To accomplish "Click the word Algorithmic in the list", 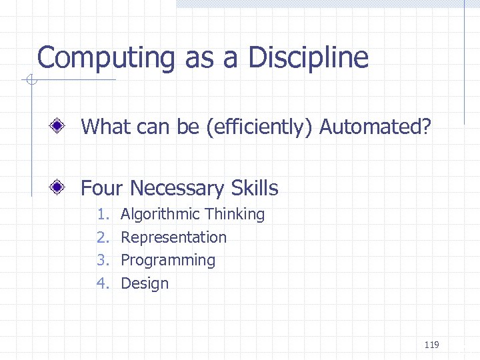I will coord(160,215).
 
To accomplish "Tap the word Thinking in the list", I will coord(235,215).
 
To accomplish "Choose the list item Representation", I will coord(173,237).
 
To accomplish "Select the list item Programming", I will coord(168,261).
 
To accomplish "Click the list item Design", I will coord(145,283).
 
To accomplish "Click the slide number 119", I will coord(431,345).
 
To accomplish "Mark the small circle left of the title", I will coord(30,81).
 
